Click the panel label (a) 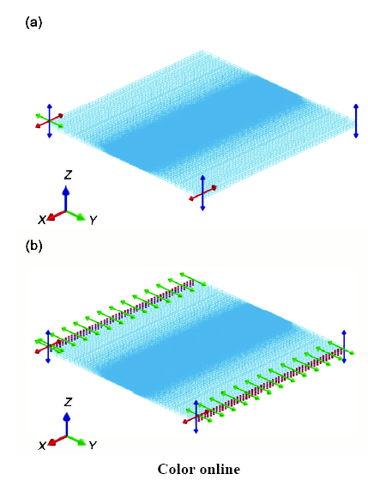pyautogui.click(x=33, y=22)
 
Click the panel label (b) pyautogui.click(x=33, y=246)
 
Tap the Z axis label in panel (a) pyautogui.click(x=68, y=175)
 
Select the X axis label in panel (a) pyautogui.click(x=42, y=219)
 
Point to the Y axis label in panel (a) pyautogui.click(x=93, y=220)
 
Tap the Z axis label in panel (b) pyautogui.click(x=68, y=402)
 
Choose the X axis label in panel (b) pyautogui.click(x=42, y=446)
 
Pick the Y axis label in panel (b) pyautogui.click(x=93, y=446)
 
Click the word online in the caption pyautogui.click(x=220, y=469)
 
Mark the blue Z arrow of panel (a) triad pyautogui.click(x=66, y=199)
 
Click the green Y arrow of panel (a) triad pyautogui.click(x=75, y=215)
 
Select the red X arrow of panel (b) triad pyautogui.click(x=57, y=440)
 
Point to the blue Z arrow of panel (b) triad pyautogui.click(x=66, y=424)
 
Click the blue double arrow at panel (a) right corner pyautogui.click(x=356, y=121)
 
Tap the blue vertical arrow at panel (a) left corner pyautogui.click(x=50, y=121)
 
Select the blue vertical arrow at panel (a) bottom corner pyautogui.click(x=202, y=192)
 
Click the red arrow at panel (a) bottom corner pyautogui.click(x=202, y=193)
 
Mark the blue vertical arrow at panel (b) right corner pyautogui.click(x=344, y=347)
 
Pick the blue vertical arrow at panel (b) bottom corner pyautogui.click(x=196, y=416)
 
